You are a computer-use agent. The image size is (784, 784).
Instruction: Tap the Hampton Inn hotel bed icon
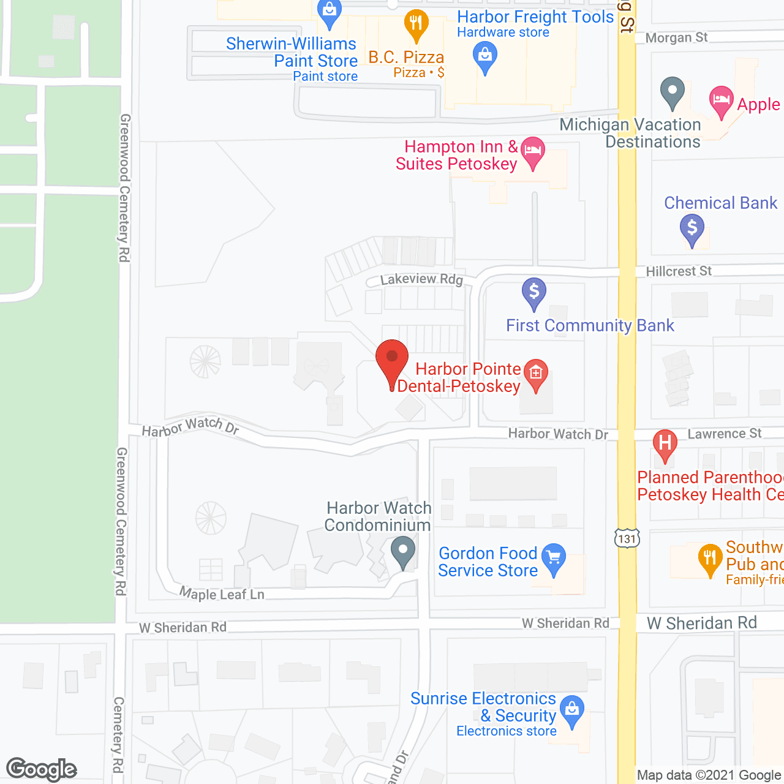coord(532,151)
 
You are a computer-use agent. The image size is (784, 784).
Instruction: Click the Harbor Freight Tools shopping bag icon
coord(485,56)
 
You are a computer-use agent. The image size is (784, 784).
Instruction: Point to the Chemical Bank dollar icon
coord(692,228)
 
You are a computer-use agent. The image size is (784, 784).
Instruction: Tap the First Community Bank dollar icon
coord(533,292)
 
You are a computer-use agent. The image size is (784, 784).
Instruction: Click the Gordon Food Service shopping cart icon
coord(554,558)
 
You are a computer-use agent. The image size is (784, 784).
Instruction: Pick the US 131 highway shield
coord(627,538)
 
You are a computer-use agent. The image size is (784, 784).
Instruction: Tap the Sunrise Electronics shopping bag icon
coord(571,710)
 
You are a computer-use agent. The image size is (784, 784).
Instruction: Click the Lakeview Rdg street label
coord(421,279)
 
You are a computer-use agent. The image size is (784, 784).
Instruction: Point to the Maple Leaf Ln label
coord(222,594)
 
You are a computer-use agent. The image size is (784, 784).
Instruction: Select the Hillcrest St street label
coord(679,271)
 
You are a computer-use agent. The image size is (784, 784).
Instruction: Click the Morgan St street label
coord(676,38)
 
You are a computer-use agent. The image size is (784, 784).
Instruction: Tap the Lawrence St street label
coord(724,434)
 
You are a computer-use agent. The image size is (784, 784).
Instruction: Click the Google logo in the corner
coord(42,769)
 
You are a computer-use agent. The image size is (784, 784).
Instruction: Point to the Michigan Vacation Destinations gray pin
coord(672,92)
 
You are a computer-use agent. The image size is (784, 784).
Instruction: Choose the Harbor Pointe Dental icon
coord(536,374)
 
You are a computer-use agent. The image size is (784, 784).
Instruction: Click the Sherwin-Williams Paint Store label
coord(292,53)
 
